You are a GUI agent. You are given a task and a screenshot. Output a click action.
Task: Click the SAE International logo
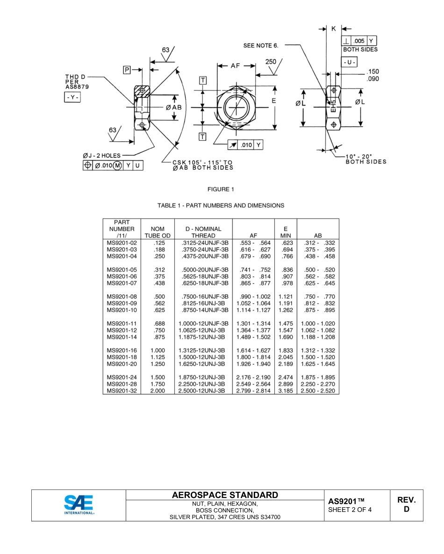[x=79, y=504]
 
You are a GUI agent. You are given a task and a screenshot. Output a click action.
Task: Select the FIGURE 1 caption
[x=221, y=189]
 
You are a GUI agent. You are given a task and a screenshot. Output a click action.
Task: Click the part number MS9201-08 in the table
[x=122, y=296]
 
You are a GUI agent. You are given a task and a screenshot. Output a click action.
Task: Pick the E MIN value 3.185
[x=286, y=391]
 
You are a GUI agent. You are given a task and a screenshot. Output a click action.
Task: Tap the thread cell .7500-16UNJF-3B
[x=203, y=296]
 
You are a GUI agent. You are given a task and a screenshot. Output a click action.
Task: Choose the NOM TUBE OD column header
[x=158, y=232]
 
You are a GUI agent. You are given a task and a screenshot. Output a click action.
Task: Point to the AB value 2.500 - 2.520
[x=318, y=391]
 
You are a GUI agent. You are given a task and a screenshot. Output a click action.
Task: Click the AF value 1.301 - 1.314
[x=253, y=324]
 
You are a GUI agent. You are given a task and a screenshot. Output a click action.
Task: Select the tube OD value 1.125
[x=158, y=357]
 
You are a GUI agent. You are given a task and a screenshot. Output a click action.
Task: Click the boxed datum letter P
[x=127, y=70]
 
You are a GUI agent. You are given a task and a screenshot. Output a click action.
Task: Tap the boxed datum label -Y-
[x=72, y=97]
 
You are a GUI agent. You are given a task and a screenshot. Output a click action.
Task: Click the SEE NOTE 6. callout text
[x=261, y=45]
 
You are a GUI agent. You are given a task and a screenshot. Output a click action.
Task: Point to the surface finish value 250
[x=271, y=61]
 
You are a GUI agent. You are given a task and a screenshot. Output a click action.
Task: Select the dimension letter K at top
[x=334, y=29]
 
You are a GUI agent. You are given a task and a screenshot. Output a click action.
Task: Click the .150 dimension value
[x=373, y=72]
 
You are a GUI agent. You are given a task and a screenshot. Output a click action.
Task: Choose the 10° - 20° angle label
[x=358, y=156]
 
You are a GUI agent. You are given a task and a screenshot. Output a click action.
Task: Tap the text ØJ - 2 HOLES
[x=101, y=156]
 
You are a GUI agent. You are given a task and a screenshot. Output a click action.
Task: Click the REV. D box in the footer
[x=406, y=504]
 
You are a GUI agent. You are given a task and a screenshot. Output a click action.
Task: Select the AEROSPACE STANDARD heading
[x=225, y=495]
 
